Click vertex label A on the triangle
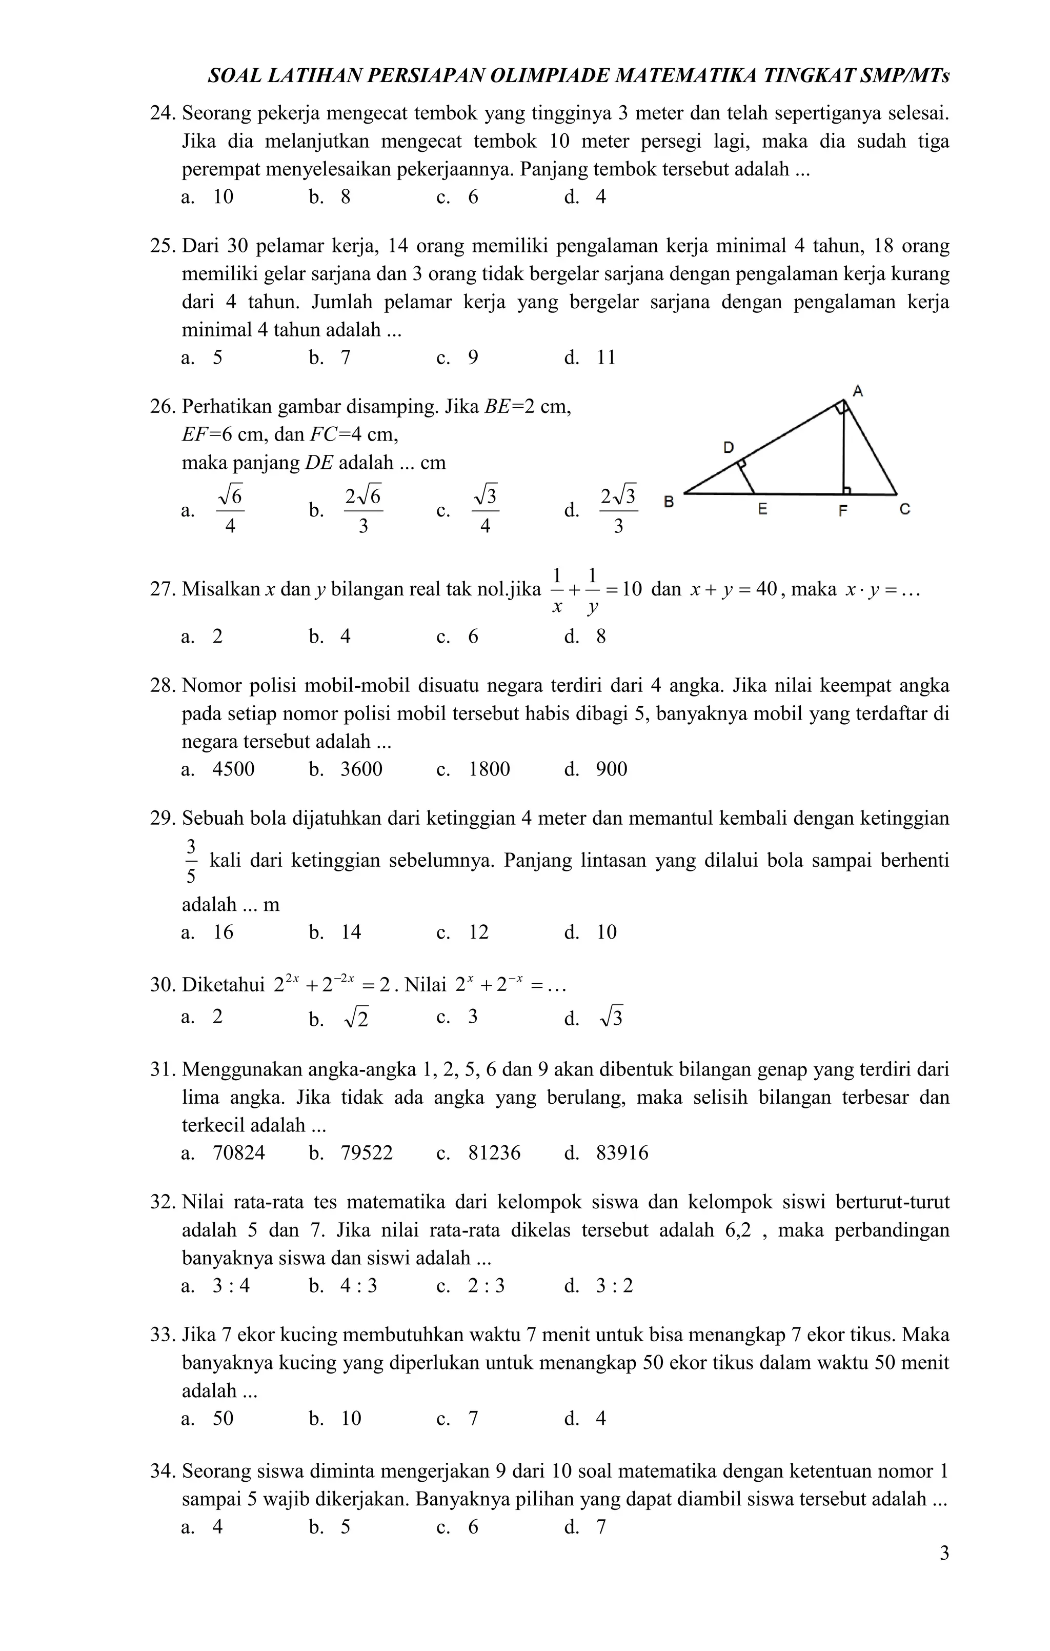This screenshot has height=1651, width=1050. coord(857,391)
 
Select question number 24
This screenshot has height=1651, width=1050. coord(163,113)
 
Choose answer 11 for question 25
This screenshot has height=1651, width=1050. coord(606,357)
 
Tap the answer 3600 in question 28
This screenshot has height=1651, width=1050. coord(361,769)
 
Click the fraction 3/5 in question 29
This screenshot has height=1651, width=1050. coord(191,861)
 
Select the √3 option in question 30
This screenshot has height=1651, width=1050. coord(611,1018)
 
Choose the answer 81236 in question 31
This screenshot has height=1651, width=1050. coord(494,1152)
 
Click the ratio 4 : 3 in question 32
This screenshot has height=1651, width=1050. coord(358,1285)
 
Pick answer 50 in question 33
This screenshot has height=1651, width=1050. coord(223,1418)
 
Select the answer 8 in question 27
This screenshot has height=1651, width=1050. coord(600,636)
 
